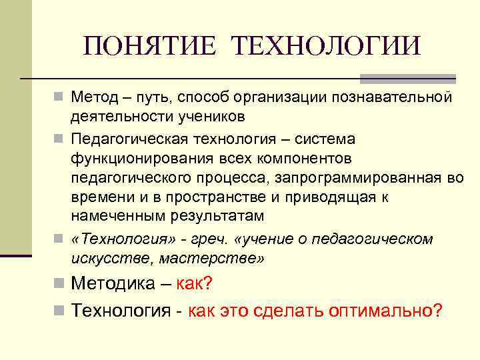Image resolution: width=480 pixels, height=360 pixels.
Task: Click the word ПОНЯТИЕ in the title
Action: coord(151,46)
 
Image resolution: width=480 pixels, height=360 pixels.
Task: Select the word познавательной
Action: coord(396,99)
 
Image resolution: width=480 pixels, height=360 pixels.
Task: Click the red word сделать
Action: coord(286,310)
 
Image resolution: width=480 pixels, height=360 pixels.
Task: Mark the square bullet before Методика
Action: coord(61,284)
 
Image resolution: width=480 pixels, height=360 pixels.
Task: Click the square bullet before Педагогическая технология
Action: coord(61,139)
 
